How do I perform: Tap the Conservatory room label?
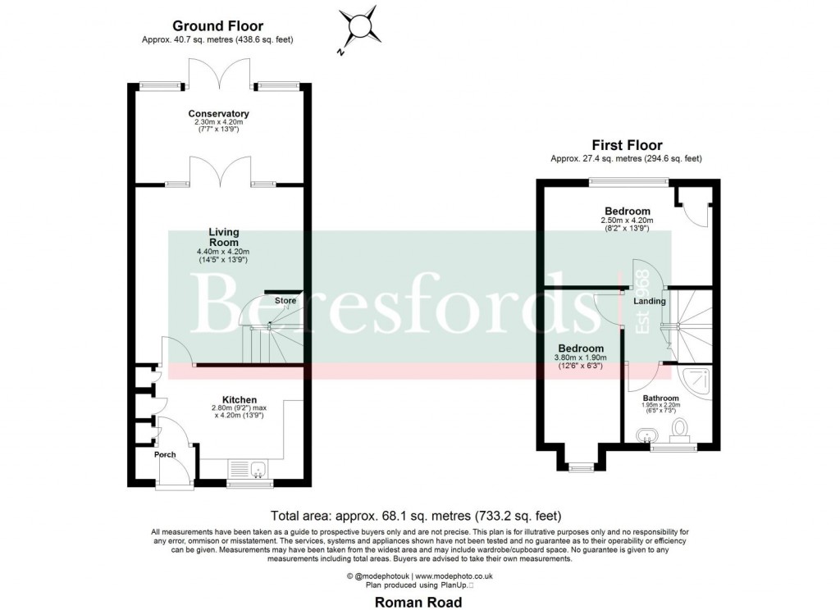pos(218,113)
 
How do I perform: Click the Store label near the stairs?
pos(285,301)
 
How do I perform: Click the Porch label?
pos(165,454)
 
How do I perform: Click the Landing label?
pos(650,302)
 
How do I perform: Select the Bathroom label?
pos(660,398)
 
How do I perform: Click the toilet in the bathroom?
pos(680,430)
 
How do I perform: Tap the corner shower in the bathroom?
pos(697,382)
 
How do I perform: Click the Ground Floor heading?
pos(218,27)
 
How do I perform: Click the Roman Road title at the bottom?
pos(418,602)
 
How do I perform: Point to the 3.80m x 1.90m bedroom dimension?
pos(582,358)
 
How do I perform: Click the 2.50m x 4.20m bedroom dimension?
pos(628,221)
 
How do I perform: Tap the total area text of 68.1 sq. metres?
pos(416,516)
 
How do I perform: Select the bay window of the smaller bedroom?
pos(581,467)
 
